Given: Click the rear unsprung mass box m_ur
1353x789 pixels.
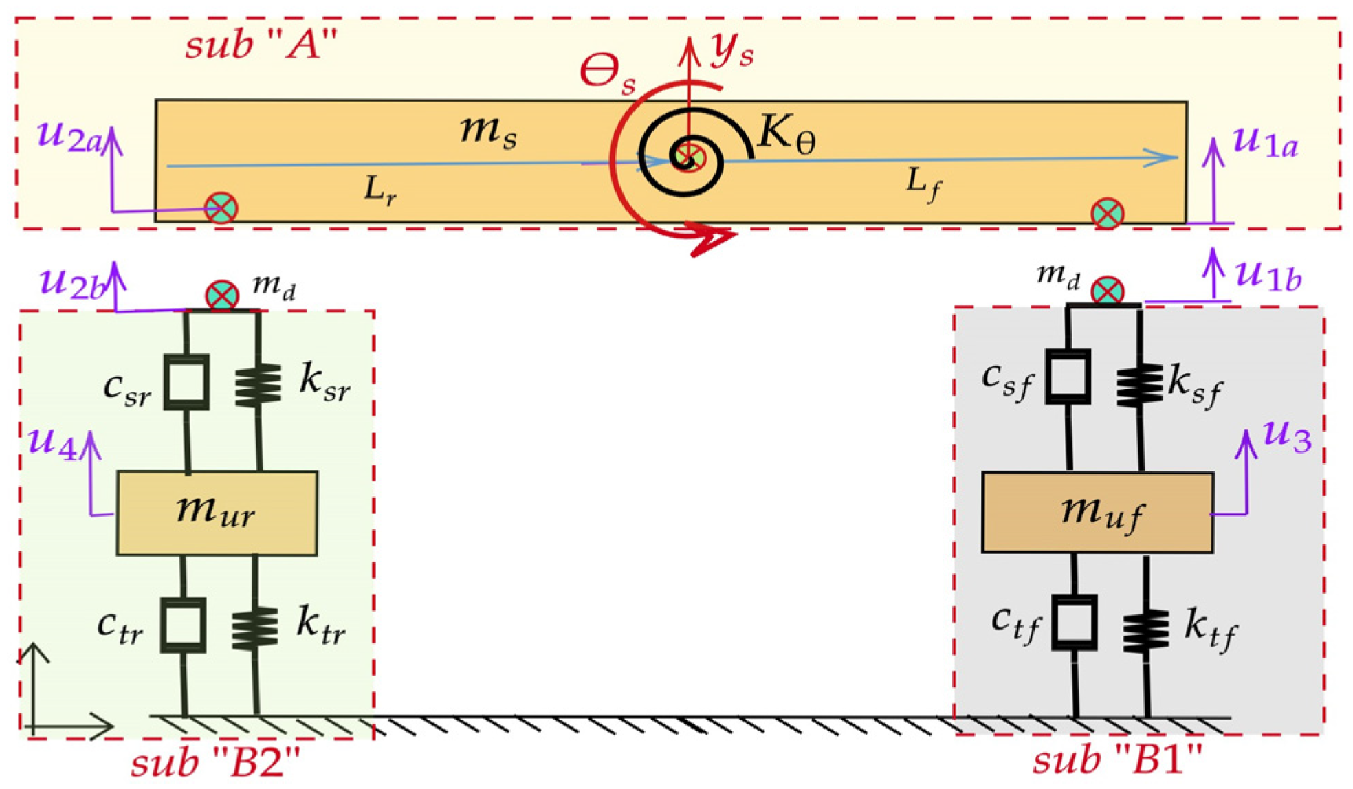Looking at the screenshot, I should pos(217,513).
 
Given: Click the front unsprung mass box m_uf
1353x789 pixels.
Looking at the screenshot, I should pos(1097,513).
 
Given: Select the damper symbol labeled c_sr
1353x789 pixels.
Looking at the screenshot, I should pos(186,382).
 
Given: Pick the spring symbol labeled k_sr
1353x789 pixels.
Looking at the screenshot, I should pos(258,385).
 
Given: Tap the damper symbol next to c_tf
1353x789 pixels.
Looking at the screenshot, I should pos(1074,623).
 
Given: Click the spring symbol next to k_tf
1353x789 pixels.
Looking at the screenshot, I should pos(1145,630).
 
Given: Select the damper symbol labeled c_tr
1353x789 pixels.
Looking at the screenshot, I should pos(184,625).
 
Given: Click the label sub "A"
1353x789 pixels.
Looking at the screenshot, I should pos(261,45).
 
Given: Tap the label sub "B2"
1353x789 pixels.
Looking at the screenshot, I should pos(216,763).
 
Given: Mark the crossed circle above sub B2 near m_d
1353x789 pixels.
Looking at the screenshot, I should pos(222,296).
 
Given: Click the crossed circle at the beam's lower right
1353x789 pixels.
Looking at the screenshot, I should pos(1107,213).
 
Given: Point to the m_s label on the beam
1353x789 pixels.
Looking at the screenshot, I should pos(488,131).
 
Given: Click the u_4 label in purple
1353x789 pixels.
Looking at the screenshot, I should pos(53,441).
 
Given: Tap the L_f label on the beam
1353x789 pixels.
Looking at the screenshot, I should pos(923,184).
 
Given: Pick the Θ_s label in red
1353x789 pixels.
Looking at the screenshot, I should pos(608,73).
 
